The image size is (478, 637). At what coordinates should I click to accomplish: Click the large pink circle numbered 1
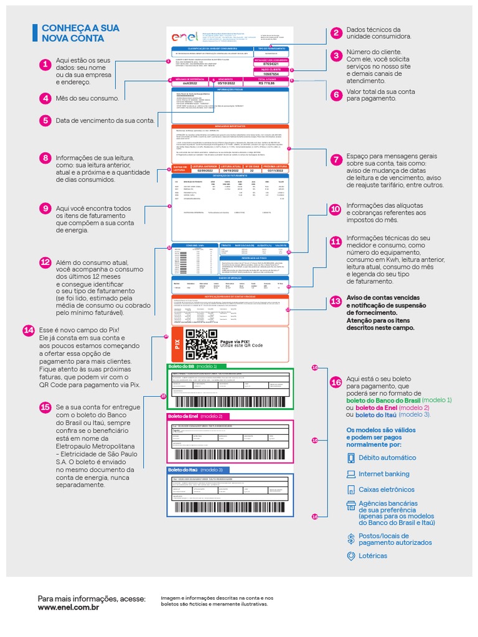coord(45,64)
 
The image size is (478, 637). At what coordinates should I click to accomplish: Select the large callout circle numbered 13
coord(336,302)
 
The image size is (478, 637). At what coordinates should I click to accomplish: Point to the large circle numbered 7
coord(336,159)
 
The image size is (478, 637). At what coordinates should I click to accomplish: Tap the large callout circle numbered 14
coord(29,330)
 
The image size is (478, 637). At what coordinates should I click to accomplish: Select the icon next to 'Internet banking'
coord(351,473)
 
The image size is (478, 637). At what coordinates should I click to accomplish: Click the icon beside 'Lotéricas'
coord(351,556)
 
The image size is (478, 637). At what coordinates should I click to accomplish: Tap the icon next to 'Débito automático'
coord(351,458)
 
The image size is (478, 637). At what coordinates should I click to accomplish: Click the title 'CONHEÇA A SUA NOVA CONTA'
coord(80,34)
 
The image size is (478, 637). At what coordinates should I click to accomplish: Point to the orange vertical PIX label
coord(176,344)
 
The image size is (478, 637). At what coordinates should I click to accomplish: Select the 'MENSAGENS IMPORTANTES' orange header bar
coord(230,126)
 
